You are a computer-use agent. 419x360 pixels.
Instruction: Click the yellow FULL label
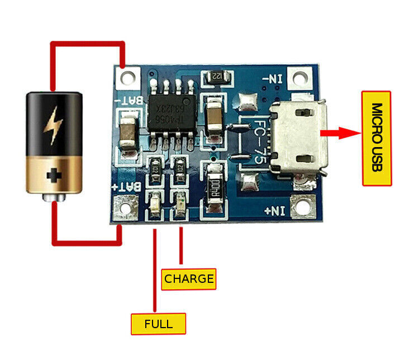click(158, 323)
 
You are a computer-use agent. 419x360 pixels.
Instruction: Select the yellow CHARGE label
click(189, 278)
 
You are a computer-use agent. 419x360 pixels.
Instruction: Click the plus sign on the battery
click(54, 176)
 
